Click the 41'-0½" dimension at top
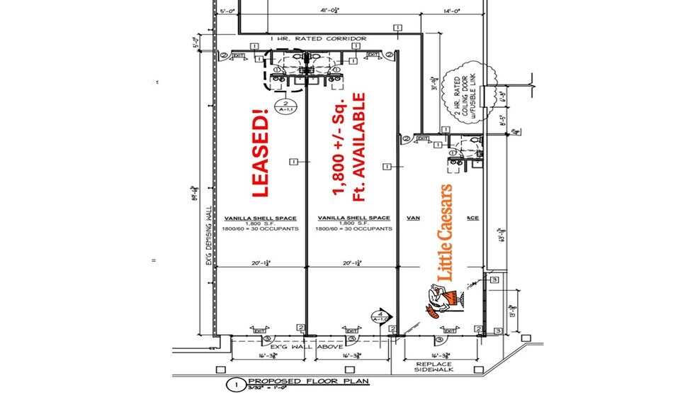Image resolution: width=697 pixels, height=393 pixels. (x=331, y=10)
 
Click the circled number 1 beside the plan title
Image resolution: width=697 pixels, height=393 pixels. (x=232, y=385)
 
